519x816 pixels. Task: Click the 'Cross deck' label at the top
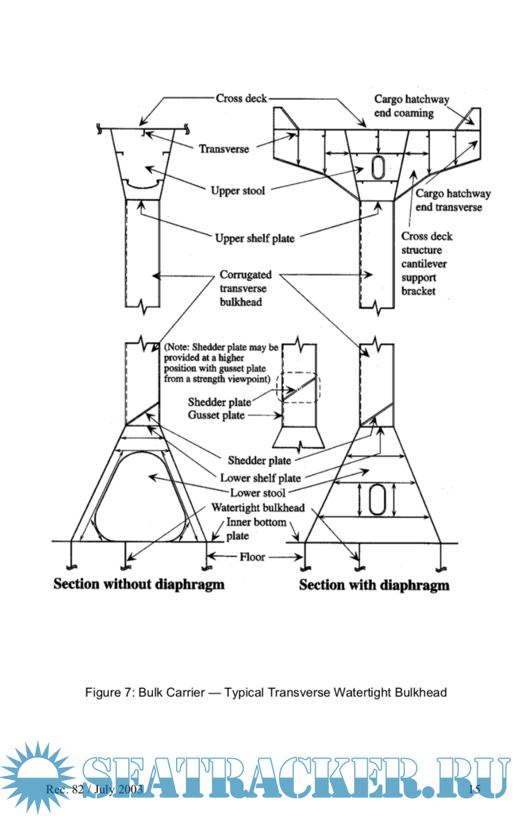click(x=241, y=99)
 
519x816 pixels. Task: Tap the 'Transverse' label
click(x=224, y=148)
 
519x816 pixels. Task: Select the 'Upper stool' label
click(x=238, y=191)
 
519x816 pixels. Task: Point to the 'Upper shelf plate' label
click(x=255, y=238)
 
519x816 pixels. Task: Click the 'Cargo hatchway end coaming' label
click(x=411, y=106)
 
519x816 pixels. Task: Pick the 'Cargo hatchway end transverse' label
click(x=452, y=200)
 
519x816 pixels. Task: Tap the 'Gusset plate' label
click(x=216, y=415)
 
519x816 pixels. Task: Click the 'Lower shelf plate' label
click(x=261, y=478)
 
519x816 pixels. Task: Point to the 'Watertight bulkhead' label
click(x=258, y=508)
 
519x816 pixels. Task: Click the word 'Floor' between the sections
click(x=252, y=557)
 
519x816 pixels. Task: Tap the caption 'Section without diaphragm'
click(x=139, y=584)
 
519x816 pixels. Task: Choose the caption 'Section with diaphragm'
click(x=374, y=585)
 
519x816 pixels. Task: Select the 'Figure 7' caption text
click(x=266, y=692)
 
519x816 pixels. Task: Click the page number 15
click(x=474, y=789)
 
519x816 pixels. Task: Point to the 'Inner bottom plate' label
click(x=256, y=528)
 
